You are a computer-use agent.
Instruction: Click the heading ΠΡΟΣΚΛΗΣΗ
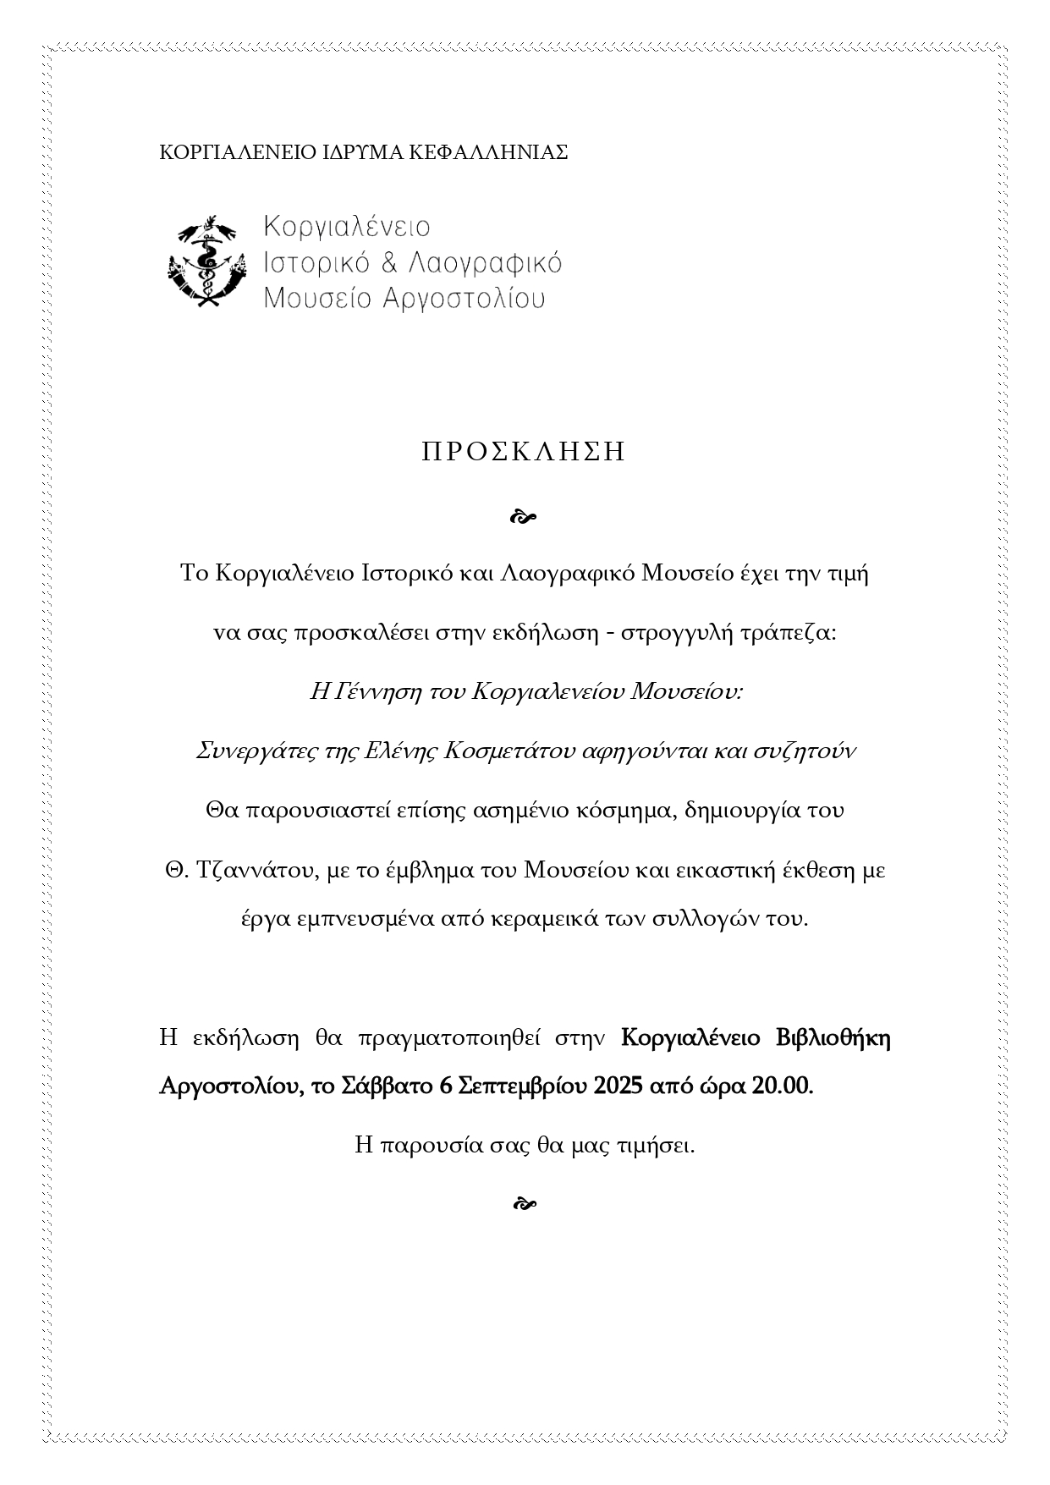[524, 452]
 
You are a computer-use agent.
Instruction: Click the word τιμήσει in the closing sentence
[656, 1147]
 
